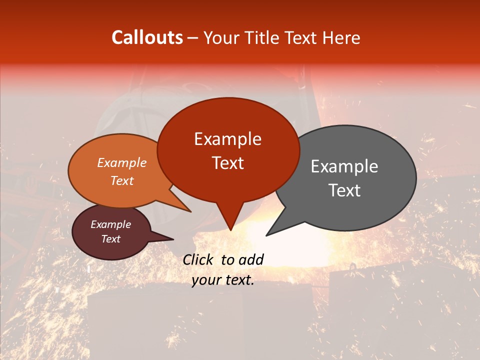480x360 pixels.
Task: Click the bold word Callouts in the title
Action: pos(147,37)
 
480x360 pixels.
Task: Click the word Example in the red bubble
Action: pos(227,139)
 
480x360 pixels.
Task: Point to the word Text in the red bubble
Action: pos(227,163)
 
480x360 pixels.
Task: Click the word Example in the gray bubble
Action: pos(344,166)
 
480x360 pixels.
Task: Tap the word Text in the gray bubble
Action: pos(344,190)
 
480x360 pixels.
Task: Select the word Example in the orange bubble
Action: pos(122,162)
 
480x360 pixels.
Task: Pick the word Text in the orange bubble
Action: pos(122,180)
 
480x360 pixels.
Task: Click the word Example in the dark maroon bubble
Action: pos(110,224)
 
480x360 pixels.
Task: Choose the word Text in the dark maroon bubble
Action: pos(110,239)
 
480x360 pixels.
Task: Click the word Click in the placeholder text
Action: pos(198,259)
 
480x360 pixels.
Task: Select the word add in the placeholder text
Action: pos(251,259)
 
